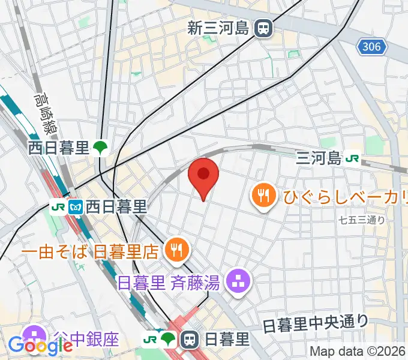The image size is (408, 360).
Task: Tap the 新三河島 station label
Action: point(218,28)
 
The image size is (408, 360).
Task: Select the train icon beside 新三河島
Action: point(262,28)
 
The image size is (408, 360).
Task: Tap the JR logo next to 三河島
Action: point(353,158)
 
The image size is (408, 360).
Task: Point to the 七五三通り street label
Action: point(361,220)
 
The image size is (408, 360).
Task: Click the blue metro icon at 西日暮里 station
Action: point(76,207)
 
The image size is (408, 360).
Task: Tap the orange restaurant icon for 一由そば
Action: point(175,250)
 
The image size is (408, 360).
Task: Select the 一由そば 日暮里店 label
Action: point(90,251)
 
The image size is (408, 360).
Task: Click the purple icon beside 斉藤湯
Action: point(239,280)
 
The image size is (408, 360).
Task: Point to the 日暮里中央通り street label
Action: point(316,324)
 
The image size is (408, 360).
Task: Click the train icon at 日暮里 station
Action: point(190,340)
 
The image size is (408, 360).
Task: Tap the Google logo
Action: point(40,345)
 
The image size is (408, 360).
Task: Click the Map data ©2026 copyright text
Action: point(358,352)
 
